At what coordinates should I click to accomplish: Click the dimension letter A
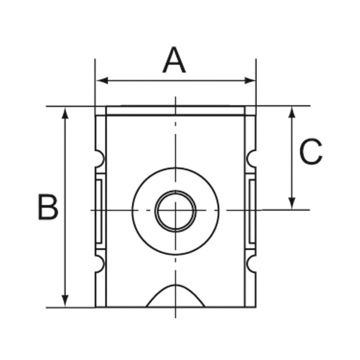(174, 60)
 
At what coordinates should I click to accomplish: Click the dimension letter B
(48, 207)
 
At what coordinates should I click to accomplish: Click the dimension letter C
(311, 152)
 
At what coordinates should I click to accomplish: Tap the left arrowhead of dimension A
(102, 81)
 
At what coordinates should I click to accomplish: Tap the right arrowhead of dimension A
(250, 81)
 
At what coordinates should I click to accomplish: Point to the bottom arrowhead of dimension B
(65, 301)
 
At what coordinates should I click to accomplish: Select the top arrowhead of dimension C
(292, 112)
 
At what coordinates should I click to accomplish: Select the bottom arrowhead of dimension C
(292, 203)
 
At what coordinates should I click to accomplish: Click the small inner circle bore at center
(175, 211)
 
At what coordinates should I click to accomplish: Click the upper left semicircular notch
(99, 159)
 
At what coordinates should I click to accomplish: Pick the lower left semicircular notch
(99, 264)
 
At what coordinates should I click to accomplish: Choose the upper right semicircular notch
(251, 159)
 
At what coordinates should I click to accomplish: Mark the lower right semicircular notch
(251, 264)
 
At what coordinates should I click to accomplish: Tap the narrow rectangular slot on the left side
(99, 211)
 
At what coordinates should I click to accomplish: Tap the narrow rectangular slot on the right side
(252, 211)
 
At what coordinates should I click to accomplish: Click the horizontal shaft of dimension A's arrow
(175, 81)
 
